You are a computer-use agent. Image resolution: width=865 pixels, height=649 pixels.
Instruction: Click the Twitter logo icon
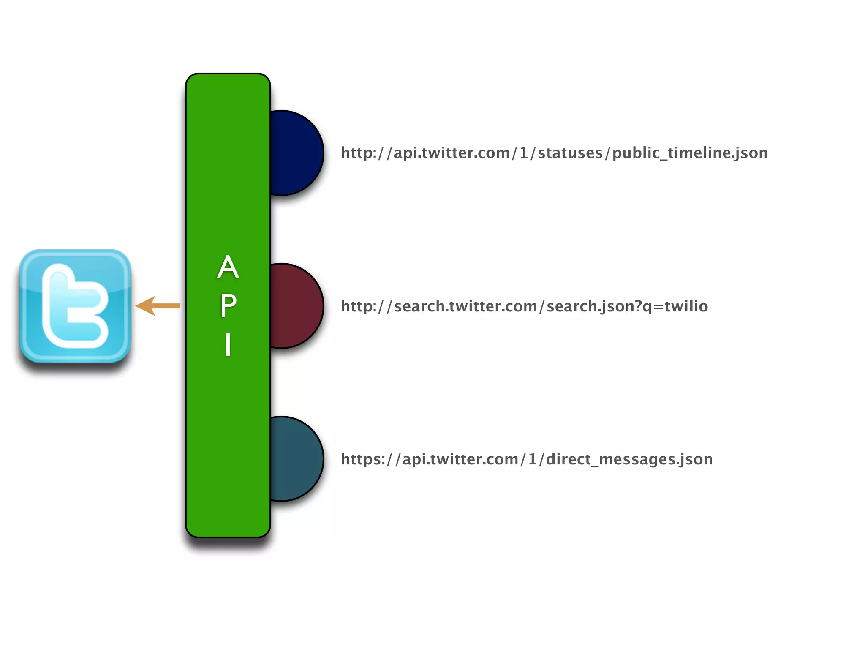coord(75,306)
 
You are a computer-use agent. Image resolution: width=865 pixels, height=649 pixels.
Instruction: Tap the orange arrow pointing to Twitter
coord(158,306)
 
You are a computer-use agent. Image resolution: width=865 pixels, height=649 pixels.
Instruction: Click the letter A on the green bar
coord(228,267)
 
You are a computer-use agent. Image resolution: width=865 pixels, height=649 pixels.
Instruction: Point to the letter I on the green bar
coord(228,344)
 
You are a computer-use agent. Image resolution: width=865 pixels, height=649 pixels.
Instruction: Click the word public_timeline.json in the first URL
coord(690,153)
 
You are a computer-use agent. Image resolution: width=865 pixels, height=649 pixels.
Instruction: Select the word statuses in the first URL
coord(570,153)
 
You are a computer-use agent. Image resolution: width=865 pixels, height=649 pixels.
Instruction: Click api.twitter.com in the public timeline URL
coord(452,153)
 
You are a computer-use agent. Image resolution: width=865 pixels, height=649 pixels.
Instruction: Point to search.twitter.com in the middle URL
coord(465,306)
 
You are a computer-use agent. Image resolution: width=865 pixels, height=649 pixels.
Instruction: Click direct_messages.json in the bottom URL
coord(629,459)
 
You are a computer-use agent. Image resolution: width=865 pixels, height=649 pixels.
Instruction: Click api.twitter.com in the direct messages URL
coord(460,459)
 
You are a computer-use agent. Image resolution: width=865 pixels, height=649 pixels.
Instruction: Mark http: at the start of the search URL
coord(359,306)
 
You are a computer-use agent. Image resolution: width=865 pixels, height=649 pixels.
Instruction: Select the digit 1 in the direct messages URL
coord(532,459)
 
